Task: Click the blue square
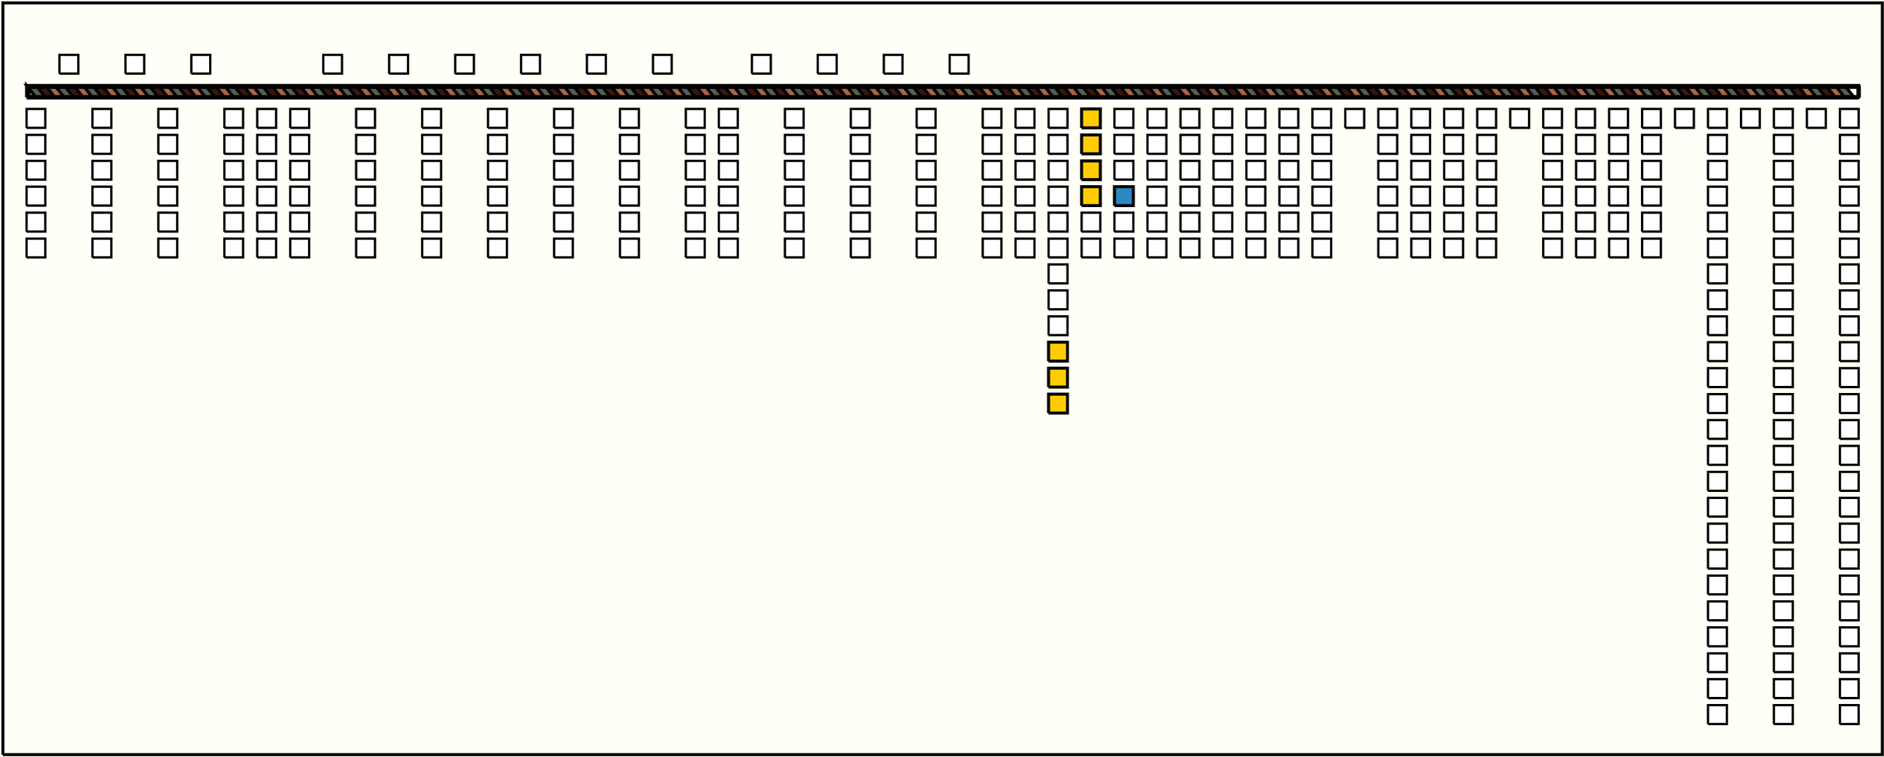1124,196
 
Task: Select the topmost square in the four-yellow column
1090,119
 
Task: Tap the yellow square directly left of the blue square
1090,196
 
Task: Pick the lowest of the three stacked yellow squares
1058,404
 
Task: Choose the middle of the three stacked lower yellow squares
1058,378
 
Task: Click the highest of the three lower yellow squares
1058,352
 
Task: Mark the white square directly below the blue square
1124,223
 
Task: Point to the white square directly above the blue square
1124,170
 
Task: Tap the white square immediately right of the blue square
1156,196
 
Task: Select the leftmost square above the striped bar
69,64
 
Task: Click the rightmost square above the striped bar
959,64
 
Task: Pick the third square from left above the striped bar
201,64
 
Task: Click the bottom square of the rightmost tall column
1849,715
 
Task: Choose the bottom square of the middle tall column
1783,715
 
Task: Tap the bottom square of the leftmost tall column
1717,715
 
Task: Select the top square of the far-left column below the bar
36,119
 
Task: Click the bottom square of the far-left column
36,248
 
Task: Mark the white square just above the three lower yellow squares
1058,327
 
